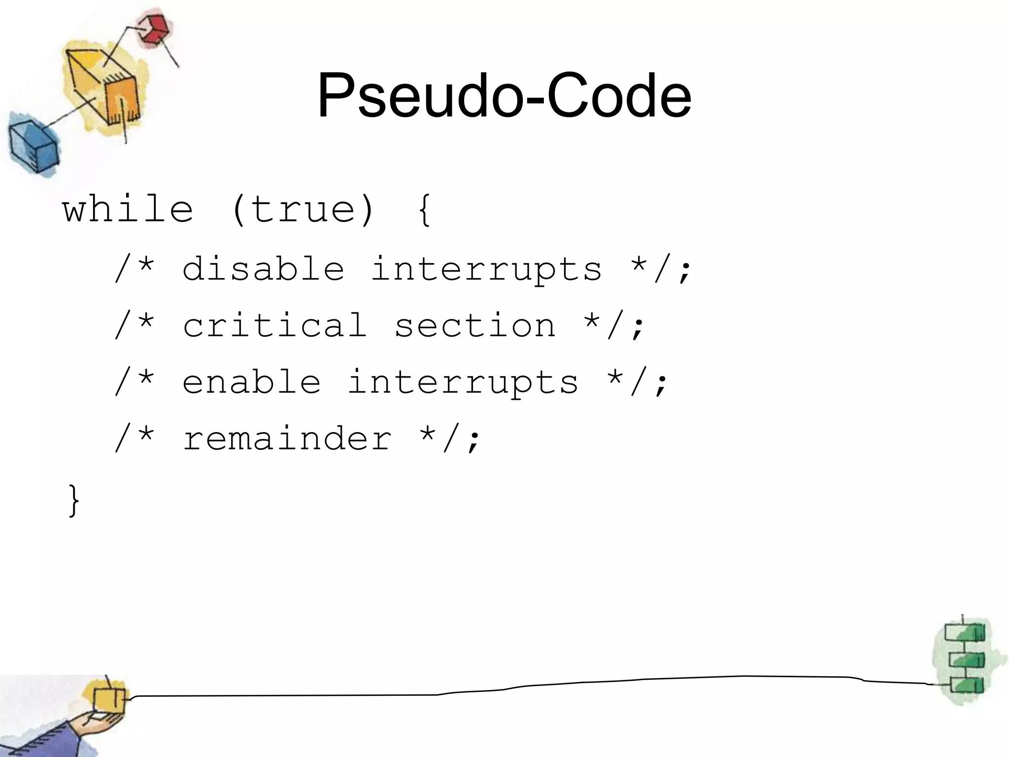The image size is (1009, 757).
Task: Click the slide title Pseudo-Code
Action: point(504,96)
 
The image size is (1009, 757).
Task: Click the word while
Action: point(128,209)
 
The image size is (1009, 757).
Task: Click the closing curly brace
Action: point(74,500)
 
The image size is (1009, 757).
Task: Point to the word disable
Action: point(263,269)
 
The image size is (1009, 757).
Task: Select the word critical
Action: point(274,325)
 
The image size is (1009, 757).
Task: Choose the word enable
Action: point(251,382)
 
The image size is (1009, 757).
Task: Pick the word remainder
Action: point(287,439)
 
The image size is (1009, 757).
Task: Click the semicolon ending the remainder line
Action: point(473,441)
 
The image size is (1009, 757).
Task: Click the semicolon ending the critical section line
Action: point(638,328)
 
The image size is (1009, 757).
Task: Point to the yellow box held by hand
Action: point(109,700)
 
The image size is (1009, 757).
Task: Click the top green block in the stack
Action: point(965,632)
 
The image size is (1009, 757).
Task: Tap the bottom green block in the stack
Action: point(966,686)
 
